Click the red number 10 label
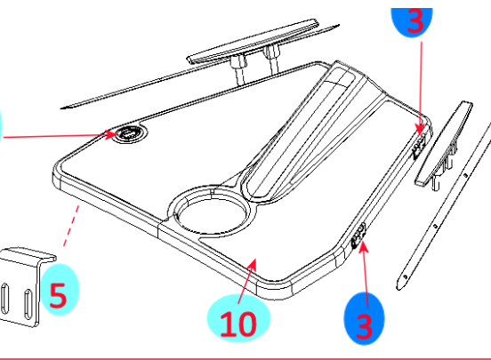click(x=238, y=324)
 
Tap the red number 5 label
click(x=58, y=295)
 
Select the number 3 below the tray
click(x=364, y=326)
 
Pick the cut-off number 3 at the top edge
click(x=415, y=20)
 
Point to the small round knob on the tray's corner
click(x=129, y=134)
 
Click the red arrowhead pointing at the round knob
click(x=111, y=135)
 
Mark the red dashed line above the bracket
click(x=71, y=226)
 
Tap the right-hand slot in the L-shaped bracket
click(x=28, y=304)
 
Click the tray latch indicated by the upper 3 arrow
click(x=420, y=146)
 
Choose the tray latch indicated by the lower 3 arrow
click(x=358, y=236)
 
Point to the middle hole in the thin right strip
click(x=435, y=226)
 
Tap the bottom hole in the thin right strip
click(x=406, y=276)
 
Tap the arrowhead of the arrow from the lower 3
click(x=362, y=246)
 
